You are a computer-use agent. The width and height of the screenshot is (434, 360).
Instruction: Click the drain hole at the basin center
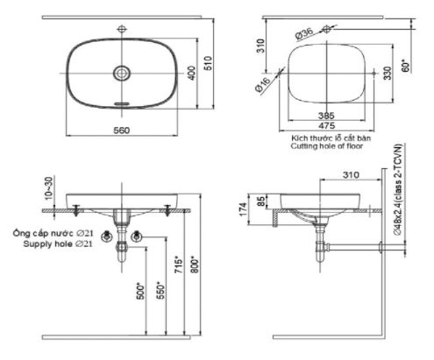(x=123, y=74)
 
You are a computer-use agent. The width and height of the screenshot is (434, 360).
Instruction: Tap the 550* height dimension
(x=160, y=288)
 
